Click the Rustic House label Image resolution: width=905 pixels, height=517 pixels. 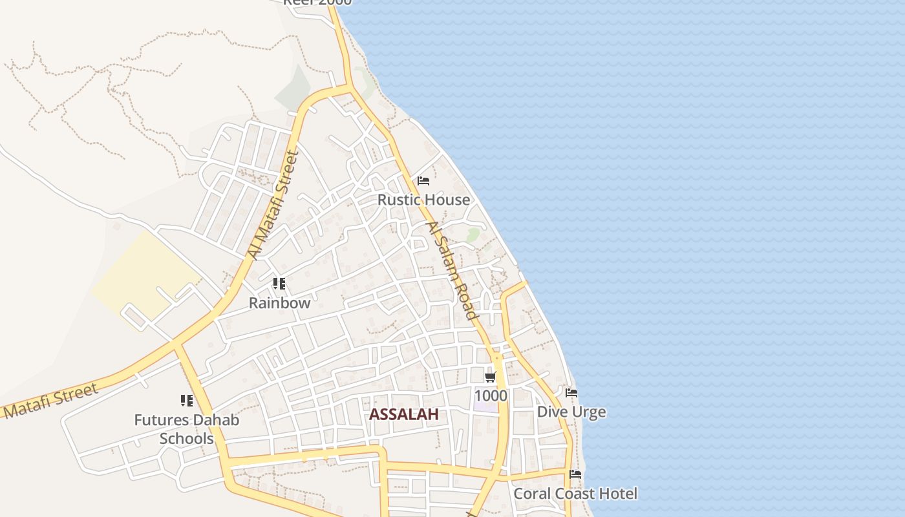click(x=423, y=200)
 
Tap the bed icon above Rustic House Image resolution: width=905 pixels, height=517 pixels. click(x=423, y=180)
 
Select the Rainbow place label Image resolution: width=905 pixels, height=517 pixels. click(x=280, y=302)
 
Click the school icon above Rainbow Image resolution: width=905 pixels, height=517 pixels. click(x=279, y=283)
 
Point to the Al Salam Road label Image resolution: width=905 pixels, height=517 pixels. click(x=451, y=271)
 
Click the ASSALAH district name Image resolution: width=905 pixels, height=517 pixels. click(x=403, y=414)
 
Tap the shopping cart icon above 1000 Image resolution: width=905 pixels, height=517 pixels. click(x=490, y=376)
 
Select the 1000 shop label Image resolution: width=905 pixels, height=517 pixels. click(x=491, y=395)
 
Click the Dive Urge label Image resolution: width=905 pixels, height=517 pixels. click(x=571, y=412)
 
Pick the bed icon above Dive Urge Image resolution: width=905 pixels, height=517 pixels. click(x=571, y=392)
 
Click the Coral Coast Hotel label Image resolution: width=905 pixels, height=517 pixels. click(x=575, y=494)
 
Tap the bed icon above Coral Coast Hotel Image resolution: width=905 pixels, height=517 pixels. click(x=575, y=474)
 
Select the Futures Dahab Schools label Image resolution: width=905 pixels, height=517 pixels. click(x=187, y=429)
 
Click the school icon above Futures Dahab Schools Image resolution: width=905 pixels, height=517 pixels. click(x=187, y=401)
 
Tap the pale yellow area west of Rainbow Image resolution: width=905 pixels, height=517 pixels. click(x=145, y=275)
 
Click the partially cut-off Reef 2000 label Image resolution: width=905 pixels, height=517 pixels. click(x=317, y=2)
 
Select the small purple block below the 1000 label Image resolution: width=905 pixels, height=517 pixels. click(x=486, y=407)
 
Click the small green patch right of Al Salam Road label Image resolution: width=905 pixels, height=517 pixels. click(x=473, y=234)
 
